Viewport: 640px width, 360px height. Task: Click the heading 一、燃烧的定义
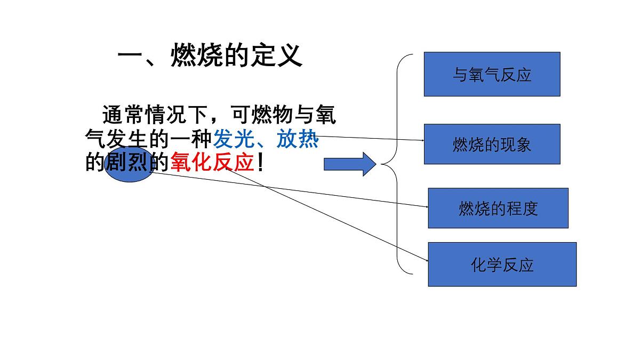[x=210, y=55]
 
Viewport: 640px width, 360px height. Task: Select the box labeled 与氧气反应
[x=492, y=74]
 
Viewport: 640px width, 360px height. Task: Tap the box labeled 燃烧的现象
[x=492, y=144]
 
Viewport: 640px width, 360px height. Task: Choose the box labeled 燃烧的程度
[x=498, y=208]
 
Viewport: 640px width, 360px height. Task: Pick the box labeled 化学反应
[x=502, y=265]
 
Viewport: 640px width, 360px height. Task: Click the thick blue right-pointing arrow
[x=349, y=164]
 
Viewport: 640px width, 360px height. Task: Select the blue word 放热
[x=298, y=140]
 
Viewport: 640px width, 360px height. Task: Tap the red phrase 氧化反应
[x=212, y=163]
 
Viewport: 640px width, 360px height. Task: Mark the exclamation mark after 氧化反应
[x=260, y=163]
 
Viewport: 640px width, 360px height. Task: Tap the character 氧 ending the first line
[x=325, y=115]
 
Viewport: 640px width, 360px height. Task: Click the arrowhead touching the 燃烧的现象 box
[x=422, y=140]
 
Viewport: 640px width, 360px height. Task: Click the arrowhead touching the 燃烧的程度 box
[x=427, y=207]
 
